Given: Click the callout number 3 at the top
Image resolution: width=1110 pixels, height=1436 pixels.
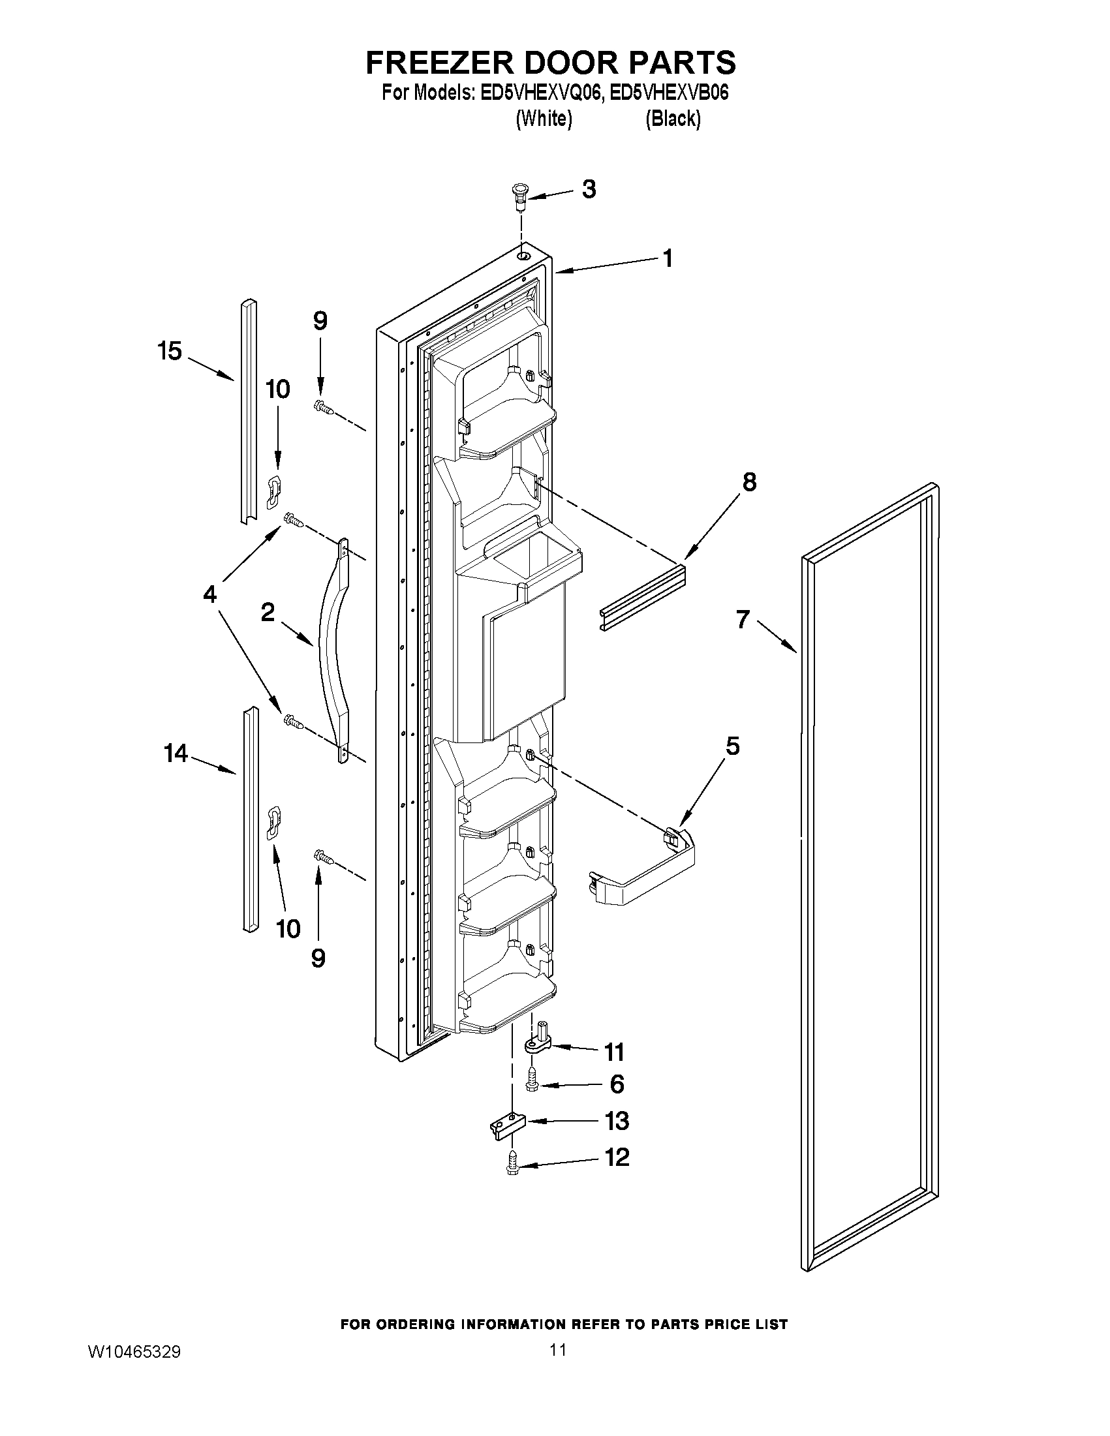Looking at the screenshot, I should tap(589, 189).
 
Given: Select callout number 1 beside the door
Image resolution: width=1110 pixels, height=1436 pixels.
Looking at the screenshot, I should tap(668, 259).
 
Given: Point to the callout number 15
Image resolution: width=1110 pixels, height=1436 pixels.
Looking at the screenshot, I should tap(170, 351).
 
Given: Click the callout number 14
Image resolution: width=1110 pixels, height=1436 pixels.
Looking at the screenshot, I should tap(176, 754).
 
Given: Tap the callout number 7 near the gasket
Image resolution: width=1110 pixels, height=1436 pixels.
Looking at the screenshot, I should tap(743, 619).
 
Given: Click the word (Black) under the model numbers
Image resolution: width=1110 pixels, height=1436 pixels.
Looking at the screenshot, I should tap(673, 119).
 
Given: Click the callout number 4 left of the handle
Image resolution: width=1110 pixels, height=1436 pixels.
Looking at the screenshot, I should tap(209, 595).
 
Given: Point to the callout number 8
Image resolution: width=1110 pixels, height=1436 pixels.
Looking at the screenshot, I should tap(749, 482).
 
